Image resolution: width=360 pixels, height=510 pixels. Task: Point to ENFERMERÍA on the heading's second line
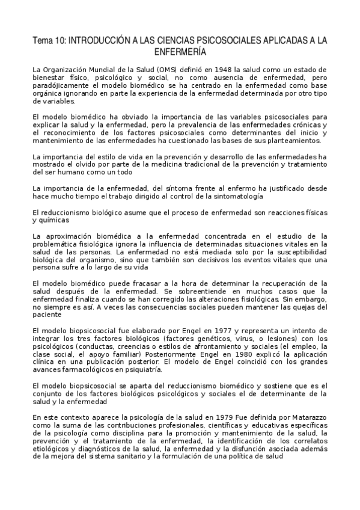tap(180, 52)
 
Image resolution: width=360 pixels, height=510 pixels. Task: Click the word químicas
tap(49, 220)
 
